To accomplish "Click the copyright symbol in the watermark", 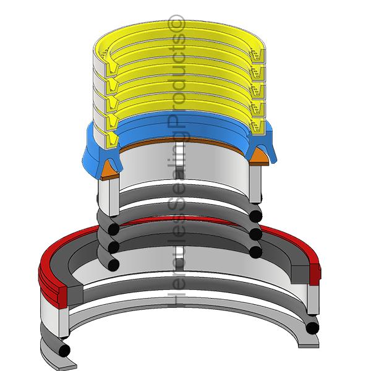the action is pyautogui.click(x=176, y=23).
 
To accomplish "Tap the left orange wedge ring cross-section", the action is pyautogui.click(x=109, y=171).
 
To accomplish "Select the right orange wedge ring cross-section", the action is pyautogui.click(x=259, y=156).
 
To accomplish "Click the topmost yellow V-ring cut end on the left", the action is pyautogui.click(x=112, y=67).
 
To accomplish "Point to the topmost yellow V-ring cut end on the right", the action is pyautogui.click(x=257, y=56).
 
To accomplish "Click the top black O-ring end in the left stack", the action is pyautogui.click(x=113, y=229).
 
